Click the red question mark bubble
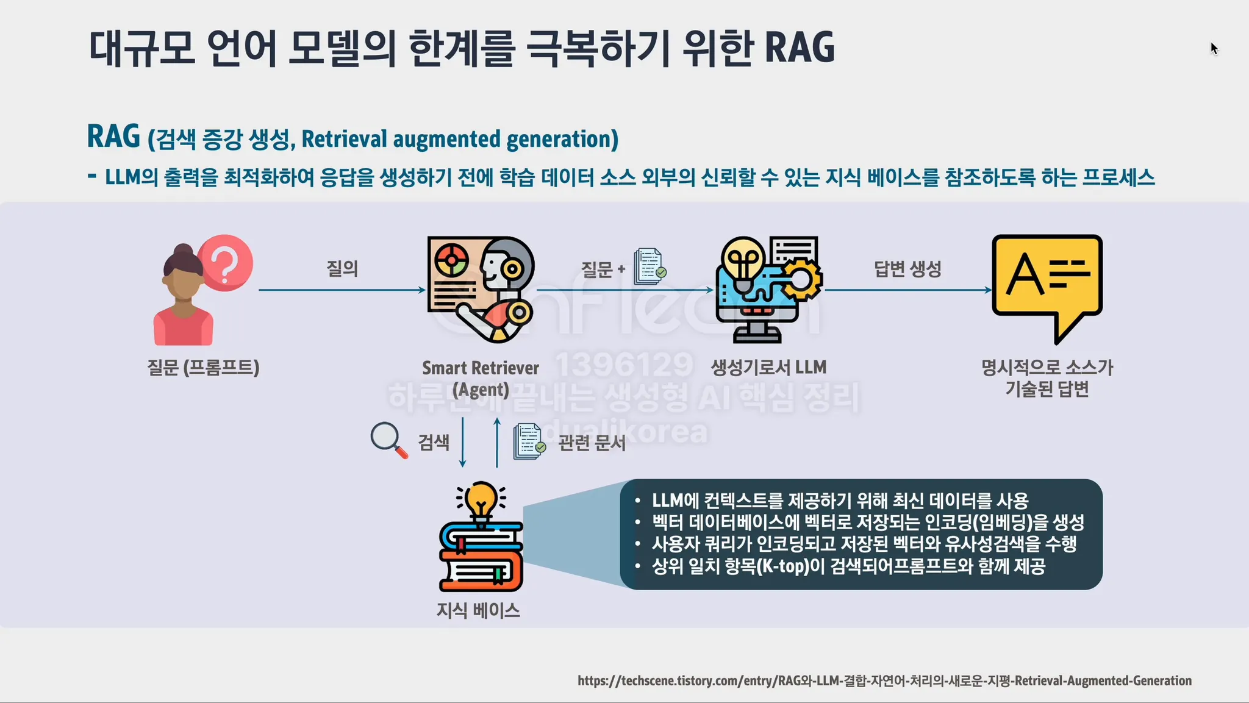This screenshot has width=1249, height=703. [225, 263]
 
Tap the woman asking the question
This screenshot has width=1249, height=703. [183, 299]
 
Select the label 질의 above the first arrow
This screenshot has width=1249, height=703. [342, 268]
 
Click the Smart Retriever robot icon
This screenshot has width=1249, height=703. [481, 289]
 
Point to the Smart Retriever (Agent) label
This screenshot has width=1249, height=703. [481, 378]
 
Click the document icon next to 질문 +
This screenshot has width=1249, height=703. [649, 266]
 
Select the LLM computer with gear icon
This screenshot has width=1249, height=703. [768, 289]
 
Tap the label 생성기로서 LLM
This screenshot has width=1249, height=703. [768, 367]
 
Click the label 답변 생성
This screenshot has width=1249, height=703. [907, 268]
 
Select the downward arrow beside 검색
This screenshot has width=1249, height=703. [463, 442]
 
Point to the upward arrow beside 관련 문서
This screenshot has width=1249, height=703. [497, 442]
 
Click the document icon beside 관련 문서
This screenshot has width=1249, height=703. [528, 441]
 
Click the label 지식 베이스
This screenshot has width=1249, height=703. [478, 610]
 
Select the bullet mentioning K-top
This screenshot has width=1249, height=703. [848, 566]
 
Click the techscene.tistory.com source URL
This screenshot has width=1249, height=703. [884, 680]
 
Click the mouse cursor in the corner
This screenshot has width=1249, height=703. [1214, 48]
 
